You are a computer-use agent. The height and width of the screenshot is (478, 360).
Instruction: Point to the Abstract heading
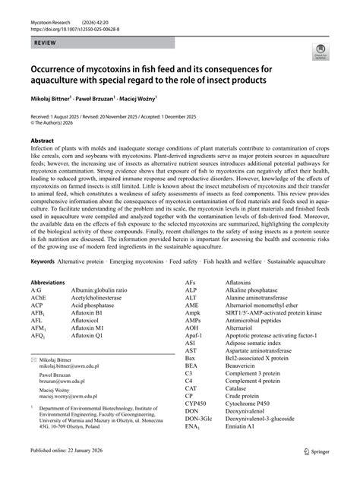pos(42,141)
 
